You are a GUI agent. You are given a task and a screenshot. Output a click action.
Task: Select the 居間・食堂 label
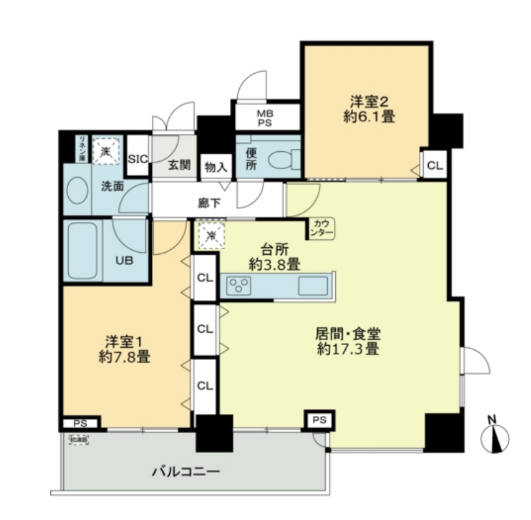347,335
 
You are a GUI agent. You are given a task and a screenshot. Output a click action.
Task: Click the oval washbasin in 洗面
77,192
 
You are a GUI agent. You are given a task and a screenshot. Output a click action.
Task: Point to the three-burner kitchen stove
239,286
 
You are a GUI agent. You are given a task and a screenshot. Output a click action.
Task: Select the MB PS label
266,118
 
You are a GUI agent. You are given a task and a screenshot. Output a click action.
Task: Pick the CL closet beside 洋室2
435,165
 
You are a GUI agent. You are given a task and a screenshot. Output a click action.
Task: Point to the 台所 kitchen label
273,249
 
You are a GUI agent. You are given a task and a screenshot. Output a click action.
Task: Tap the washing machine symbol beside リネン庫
106,149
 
